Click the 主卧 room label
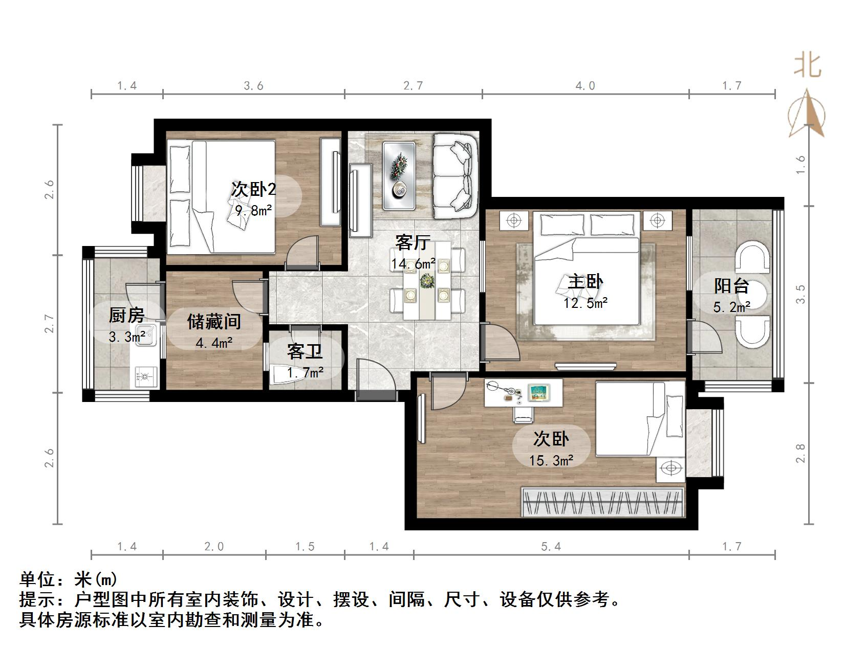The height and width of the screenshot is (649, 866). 586,282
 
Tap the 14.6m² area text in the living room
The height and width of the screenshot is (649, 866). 413,264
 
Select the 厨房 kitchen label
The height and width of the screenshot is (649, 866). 126,315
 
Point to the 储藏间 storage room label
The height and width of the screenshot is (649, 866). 214,322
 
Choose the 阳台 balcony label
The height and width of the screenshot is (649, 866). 731,285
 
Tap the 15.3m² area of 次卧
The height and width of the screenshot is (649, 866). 551,461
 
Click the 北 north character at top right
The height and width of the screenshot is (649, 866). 808,65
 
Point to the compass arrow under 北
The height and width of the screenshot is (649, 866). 807,114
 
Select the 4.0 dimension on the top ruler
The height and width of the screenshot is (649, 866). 585,86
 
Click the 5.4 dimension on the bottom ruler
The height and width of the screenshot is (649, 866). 551,547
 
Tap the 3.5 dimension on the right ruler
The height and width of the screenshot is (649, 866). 800,294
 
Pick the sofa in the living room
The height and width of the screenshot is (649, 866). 454,175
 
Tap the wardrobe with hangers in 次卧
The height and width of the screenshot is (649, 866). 602,502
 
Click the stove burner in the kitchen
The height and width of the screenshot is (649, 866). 145,378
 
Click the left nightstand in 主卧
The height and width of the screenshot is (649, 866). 513,220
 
